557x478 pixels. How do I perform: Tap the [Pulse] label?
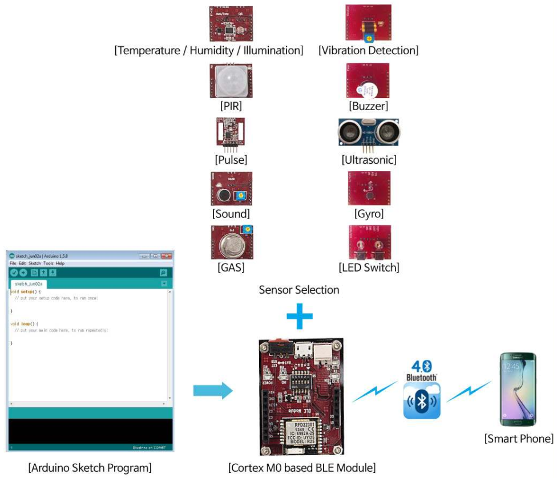[x=231, y=160]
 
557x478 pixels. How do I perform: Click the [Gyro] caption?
[x=368, y=214]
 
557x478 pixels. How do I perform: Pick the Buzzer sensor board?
[x=368, y=81]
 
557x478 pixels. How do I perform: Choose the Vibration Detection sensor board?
[x=368, y=24]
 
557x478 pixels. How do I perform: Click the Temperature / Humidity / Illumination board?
[x=231, y=25]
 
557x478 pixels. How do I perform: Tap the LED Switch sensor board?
[x=368, y=242]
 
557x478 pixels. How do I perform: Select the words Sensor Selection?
[x=299, y=290]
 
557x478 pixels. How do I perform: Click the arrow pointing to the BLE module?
[x=212, y=391]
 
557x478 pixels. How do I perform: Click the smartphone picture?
[x=518, y=389]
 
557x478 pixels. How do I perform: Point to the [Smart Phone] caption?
[x=518, y=439]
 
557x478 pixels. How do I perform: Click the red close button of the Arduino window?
[x=166, y=256]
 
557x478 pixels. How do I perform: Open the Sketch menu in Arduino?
[x=34, y=264]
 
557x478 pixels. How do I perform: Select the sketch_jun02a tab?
[x=29, y=283]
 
